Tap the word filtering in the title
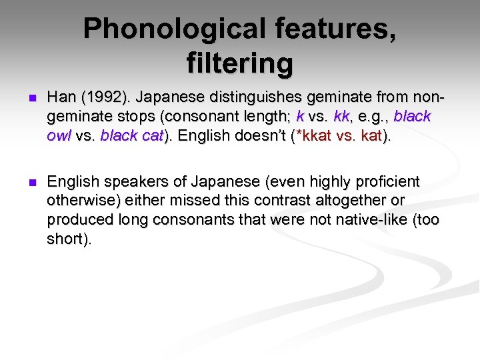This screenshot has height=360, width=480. tap(240, 63)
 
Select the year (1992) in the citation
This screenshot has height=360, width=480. tap(98, 97)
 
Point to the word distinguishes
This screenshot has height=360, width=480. tap(232, 97)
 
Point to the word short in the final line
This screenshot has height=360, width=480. tap(64, 239)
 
